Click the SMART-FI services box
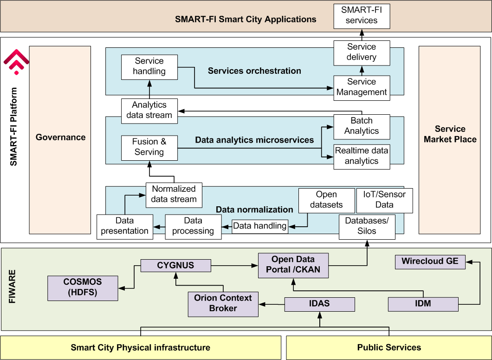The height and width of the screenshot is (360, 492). [x=362, y=15]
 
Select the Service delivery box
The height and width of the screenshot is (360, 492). [x=362, y=52]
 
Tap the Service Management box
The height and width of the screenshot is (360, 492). [x=362, y=87]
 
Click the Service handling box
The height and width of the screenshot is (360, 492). [x=149, y=66]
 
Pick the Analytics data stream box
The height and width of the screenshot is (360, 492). [x=149, y=111]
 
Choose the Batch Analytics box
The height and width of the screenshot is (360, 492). [x=362, y=126]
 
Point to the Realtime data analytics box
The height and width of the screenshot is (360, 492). [x=362, y=156]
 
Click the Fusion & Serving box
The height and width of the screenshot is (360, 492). [x=149, y=147]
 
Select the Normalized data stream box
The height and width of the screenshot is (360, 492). [x=174, y=194]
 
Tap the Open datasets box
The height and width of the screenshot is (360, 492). [x=326, y=200]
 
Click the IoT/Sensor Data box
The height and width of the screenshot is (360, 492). [x=384, y=200]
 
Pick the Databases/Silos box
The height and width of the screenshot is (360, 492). [x=367, y=226]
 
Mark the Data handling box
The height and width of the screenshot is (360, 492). [x=260, y=226]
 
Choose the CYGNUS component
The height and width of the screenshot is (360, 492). [x=175, y=266]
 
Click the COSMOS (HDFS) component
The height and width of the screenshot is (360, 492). [x=83, y=288]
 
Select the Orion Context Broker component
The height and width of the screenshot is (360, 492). [x=223, y=303]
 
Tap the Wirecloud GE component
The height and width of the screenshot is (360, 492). [x=430, y=262]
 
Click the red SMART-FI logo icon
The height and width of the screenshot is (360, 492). [x=17, y=62]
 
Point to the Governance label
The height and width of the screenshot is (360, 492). [x=60, y=137]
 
